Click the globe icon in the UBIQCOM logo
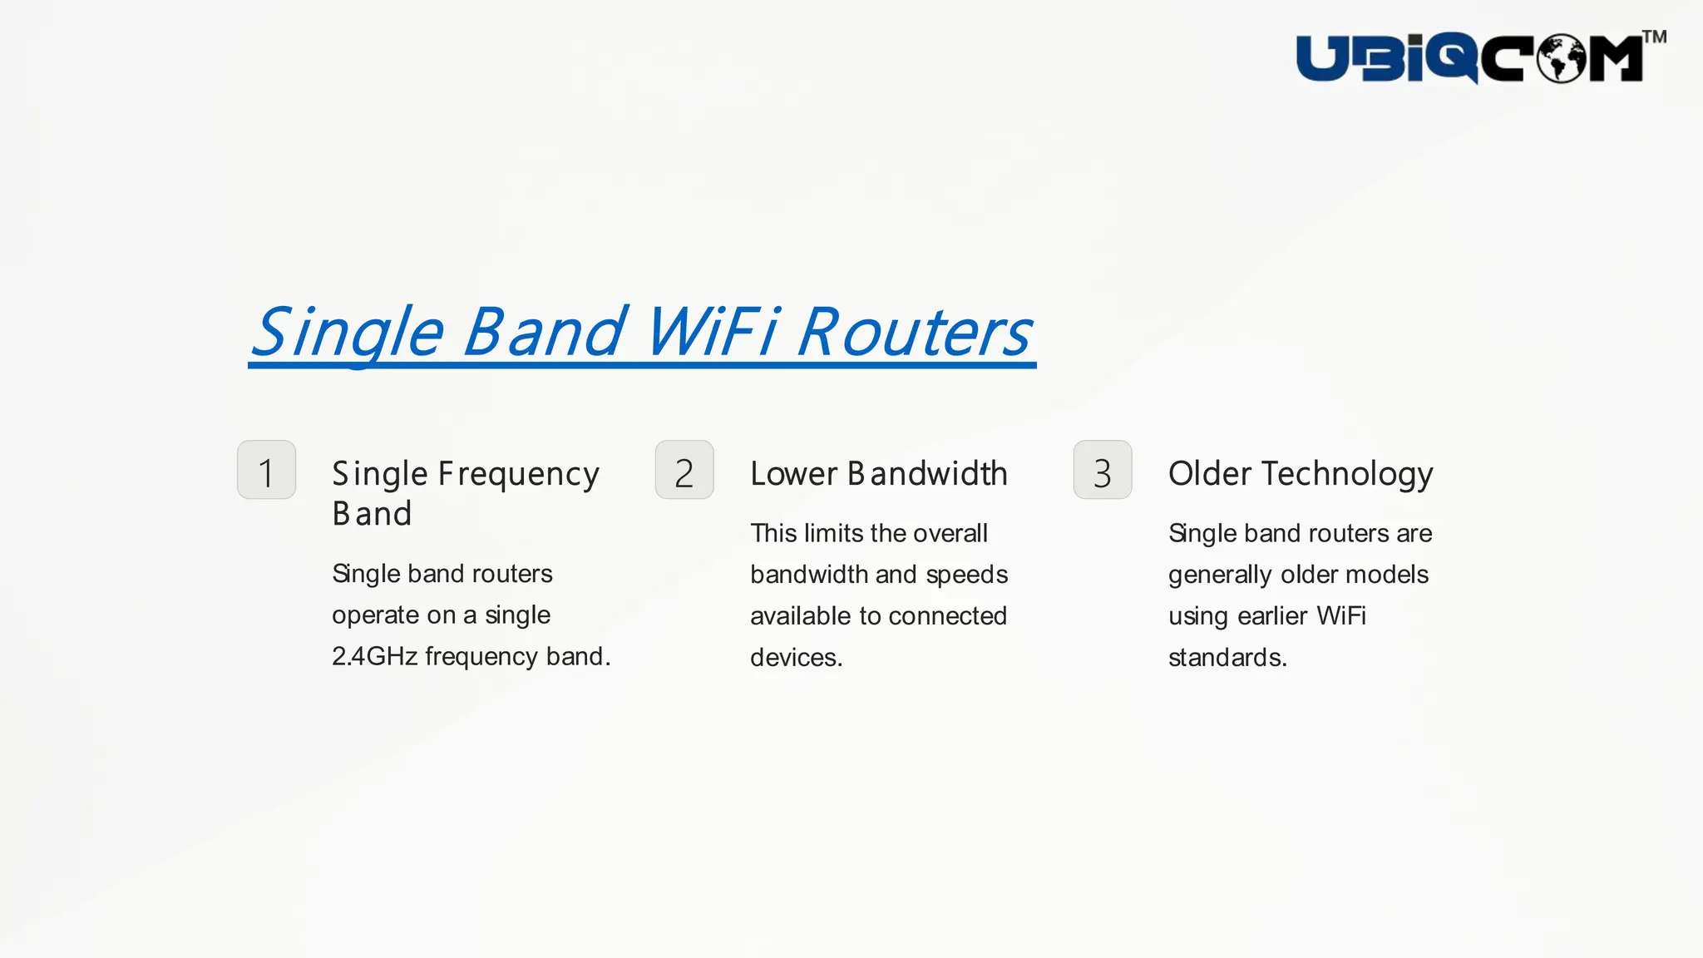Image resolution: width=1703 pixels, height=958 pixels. (x=1561, y=58)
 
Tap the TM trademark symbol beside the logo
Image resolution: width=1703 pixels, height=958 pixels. (x=1654, y=37)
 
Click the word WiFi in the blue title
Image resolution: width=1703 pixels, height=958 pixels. (x=711, y=333)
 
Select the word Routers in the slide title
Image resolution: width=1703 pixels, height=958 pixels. (x=914, y=333)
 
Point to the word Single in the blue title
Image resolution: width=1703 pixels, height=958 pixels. (x=348, y=333)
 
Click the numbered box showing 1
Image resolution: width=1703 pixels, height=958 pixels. (x=266, y=471)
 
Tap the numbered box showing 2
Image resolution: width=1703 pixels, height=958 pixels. (x=684, y=471)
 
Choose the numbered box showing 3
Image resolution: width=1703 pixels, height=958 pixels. (x=1103, y=471)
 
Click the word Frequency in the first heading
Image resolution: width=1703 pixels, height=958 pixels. (x=518, y=474)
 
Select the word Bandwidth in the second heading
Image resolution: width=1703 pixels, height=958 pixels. (x=927, y=474)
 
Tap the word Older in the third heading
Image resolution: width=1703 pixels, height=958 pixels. (x=1209, y=474)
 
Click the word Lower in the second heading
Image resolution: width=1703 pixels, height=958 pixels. (x=793, y=474)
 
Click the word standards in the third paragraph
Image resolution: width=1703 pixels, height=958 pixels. (x=1227, y=658)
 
